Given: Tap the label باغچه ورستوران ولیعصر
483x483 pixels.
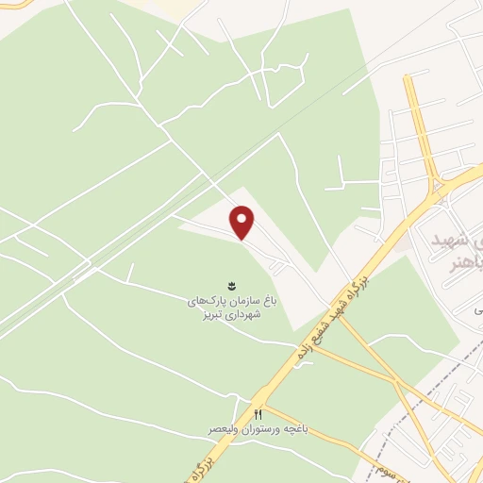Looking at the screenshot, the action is click(x=255, y=429).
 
